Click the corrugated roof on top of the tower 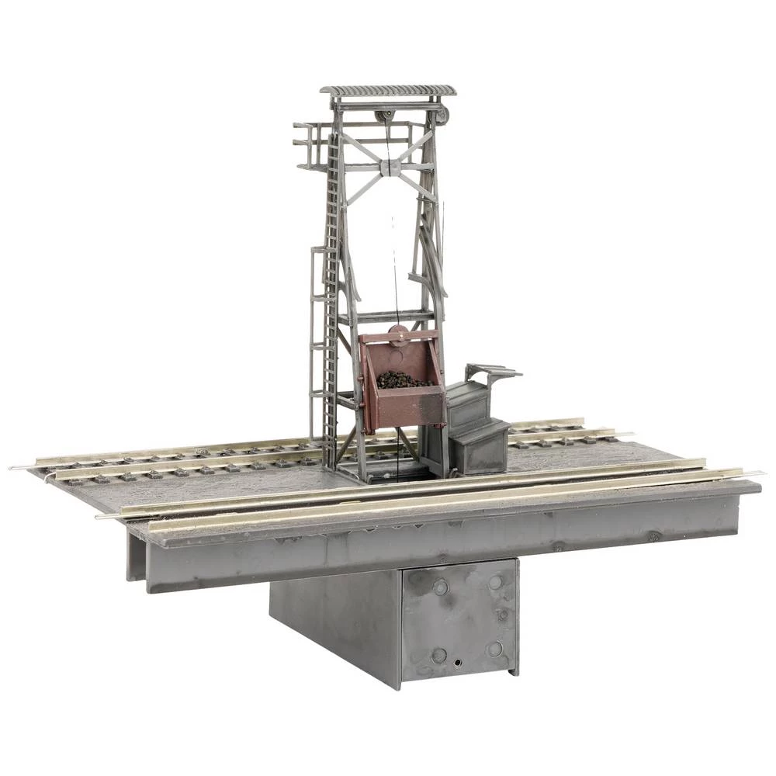tap(388, 91)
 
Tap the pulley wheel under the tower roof tap(383, 116)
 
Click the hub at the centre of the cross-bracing tap(389, 166)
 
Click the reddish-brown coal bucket tap(404, 404)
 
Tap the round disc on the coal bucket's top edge tap(398, 334)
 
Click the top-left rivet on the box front tap(440, 588)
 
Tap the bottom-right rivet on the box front tap(494, 649)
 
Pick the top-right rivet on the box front tap(495, 581)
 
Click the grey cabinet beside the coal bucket tap(475, 427)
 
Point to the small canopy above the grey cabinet tap(494, 372)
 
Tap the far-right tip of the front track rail tap(760, 473)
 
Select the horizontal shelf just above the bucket tap(386, 316)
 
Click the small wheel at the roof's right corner tap(442, 116)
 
